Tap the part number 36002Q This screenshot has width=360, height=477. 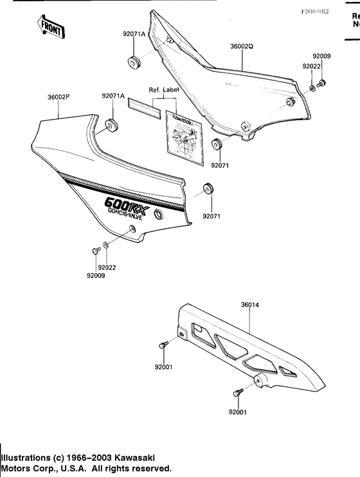(242, 47)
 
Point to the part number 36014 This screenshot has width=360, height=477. (250, 306)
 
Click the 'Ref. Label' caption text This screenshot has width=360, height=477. (163, 90)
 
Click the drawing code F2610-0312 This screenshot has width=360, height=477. (316, 12)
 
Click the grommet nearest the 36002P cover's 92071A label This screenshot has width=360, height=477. (111, 125)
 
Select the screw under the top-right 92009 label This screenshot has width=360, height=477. (322, 82)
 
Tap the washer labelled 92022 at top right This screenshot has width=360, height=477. (312, 86)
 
